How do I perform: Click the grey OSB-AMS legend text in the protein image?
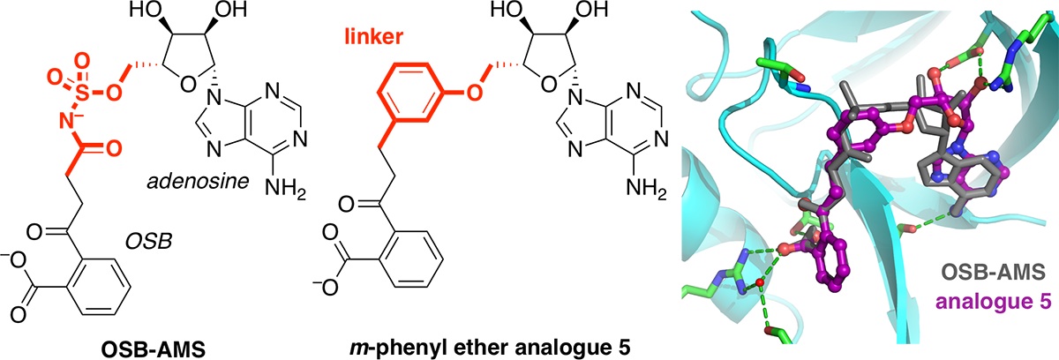point(998,269)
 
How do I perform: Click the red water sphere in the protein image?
point(757,282)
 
